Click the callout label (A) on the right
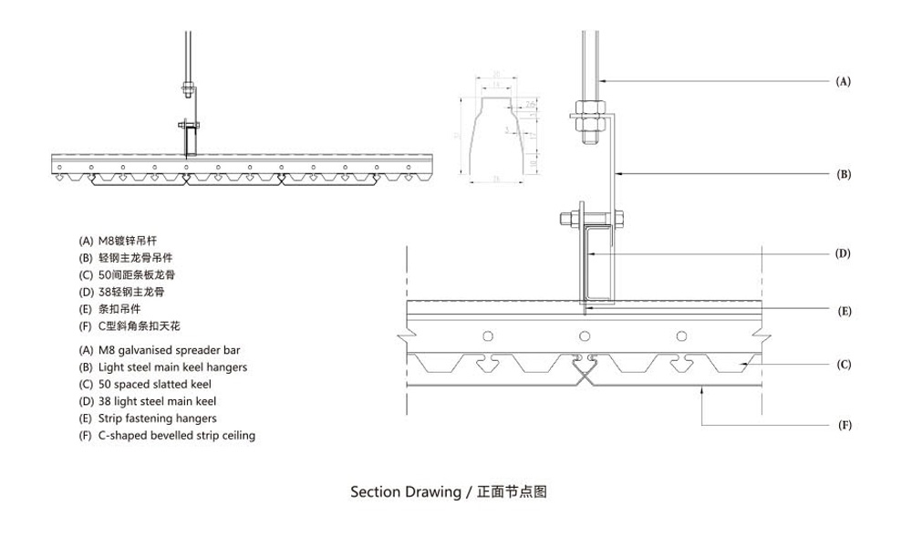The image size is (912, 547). point(843,81)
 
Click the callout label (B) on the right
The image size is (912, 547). point(843,172)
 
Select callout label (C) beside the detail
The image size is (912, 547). point(843,365)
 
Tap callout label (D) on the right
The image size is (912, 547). point(843,253)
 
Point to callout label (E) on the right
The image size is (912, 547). point(843,311)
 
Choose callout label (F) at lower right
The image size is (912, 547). point(843,425)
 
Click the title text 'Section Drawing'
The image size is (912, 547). point(406,492)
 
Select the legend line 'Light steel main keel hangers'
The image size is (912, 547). point(163,366)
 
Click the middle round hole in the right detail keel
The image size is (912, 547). point(585,336)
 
